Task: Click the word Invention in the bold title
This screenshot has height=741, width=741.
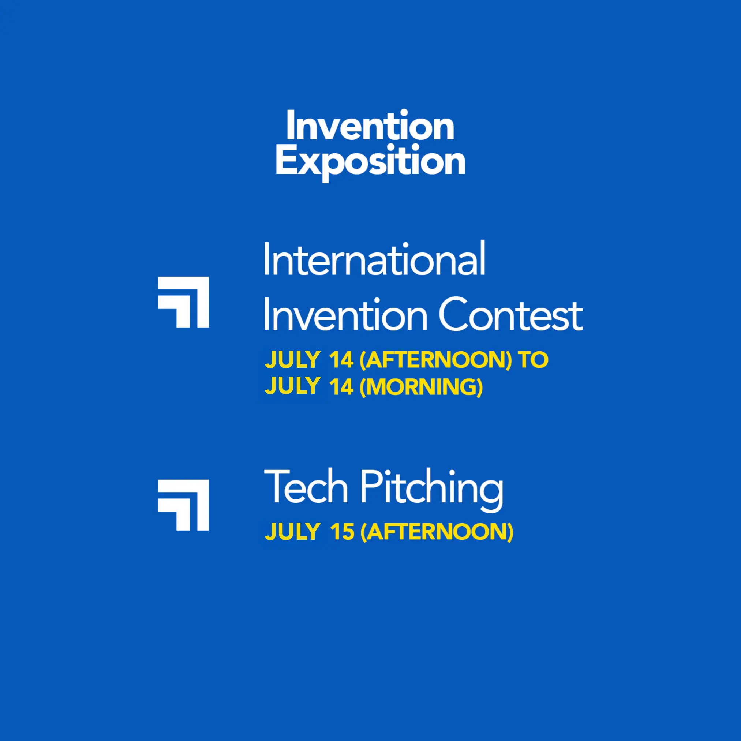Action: pyautogui.click(x=370, y=125)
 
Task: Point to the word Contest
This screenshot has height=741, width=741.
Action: pyautogui.click(x=511, y=314)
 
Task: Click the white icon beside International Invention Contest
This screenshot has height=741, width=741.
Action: pyautogui.click(x=183, y=302)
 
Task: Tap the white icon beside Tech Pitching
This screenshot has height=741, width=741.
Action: pyautogui.click(x=183, y=505)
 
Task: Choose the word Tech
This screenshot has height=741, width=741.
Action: pyautogui.click(x=306, y=486)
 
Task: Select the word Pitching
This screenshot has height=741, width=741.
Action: pyautogui.click(x=431, y=491)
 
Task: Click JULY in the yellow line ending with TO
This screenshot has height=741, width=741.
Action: pyautogui.click(x=292, y=360)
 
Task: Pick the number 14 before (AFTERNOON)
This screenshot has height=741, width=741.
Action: pyautogui.click(x=341, y=360)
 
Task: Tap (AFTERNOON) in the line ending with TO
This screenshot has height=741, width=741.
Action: pyautogui.click(x=436, y=360)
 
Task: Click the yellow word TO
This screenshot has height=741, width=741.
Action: pyautogui.click(x=533, y=360)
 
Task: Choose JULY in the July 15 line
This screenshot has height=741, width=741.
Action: pyautogui.click(x=292, y=532)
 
